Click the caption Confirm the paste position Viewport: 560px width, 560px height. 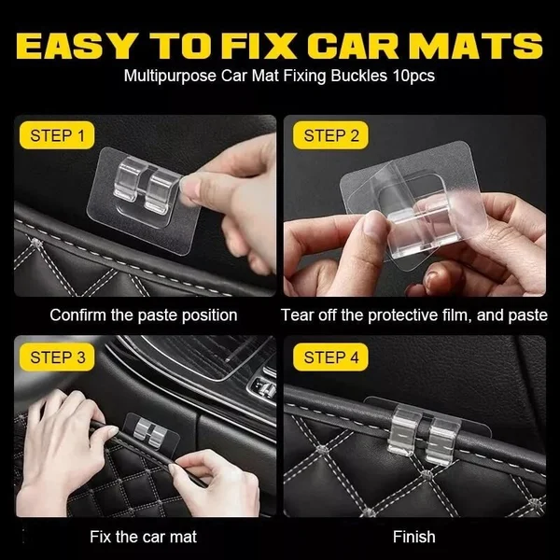143,315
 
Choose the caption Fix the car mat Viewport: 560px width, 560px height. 143,537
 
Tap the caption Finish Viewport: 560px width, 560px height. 413,537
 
